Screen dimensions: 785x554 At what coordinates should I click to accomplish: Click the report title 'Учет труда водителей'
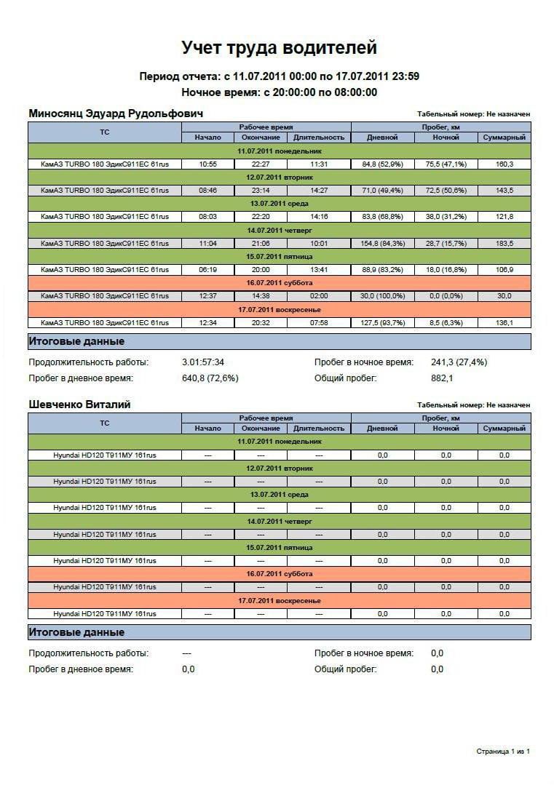(x=279, y=48)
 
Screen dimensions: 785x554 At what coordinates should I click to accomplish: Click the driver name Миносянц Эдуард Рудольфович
(x=116, y=113)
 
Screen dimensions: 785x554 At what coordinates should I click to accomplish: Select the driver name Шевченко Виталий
(x=79, y=405)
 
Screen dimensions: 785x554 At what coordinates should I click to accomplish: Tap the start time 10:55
(x=208, y=164)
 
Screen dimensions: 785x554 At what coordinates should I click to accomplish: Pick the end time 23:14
(x=261, y=191)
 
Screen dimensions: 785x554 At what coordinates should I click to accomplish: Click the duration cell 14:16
(x=319, y=217)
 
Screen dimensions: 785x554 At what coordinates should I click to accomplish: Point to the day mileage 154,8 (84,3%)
(x=382, y=243)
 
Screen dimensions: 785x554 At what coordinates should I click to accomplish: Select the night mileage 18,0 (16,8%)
(x=446, y=269)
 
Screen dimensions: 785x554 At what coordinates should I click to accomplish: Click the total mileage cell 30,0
(x=504, y=296)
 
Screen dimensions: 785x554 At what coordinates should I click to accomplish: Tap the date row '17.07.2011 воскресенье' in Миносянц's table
(x=279, y=309)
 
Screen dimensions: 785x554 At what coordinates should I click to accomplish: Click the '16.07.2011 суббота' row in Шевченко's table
(x=279, y=573)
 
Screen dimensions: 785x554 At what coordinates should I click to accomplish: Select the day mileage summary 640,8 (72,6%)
(x=210, y=378)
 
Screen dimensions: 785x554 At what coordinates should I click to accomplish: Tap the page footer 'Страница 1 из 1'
(x=503, y=751)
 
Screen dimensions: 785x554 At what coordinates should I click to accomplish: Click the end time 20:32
(x=261, y=322)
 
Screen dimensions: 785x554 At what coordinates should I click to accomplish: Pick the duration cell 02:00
(x=319, y=296)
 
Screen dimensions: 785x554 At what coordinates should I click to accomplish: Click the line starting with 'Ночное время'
(x=279, y=92)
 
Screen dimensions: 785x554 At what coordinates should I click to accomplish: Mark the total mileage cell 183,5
(x=504, y=243)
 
